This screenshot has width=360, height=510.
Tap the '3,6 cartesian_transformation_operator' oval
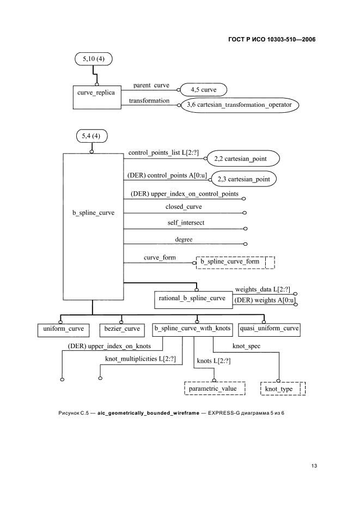pyautogui.click(x=240, y=105)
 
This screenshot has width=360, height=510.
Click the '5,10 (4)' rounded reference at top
pyautogui.click(x=93, y=58)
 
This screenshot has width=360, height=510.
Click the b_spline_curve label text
pyautogui.click(x=94, y=213)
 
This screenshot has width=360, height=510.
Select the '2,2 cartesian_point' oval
pyautogui.click(x=243, y=159)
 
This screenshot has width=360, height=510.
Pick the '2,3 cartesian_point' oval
pyautogui.click(x=243, y=179)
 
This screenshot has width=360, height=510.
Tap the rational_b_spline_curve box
pyautogui.click(x=192, y=299)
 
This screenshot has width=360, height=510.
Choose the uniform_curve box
pyautogui.click(x=60, y=329)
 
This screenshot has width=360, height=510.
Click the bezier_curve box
pyautogui.click(x=121, y=329)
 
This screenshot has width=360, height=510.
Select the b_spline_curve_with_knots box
pyautogui.click(x=193, y=329)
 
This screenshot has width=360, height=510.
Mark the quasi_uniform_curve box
pyautogui.click(x=270, y=329)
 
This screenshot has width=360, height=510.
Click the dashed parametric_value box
pyautogui.click(x=215, y=388)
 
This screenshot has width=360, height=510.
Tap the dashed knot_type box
pyautogui.click(x=282, y=388)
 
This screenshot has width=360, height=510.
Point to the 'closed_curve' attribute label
pyautogui.click(x=184, y=207)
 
